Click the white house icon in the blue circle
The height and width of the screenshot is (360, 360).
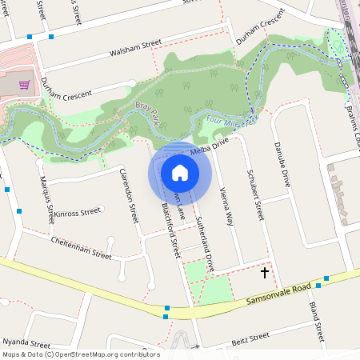pos(180,172)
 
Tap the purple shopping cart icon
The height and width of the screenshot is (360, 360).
pos(25,85)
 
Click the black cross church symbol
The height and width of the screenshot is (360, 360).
pos(265,273)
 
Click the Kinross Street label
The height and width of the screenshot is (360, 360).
pos(78,213)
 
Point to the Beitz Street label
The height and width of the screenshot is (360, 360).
pos(250,340)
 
